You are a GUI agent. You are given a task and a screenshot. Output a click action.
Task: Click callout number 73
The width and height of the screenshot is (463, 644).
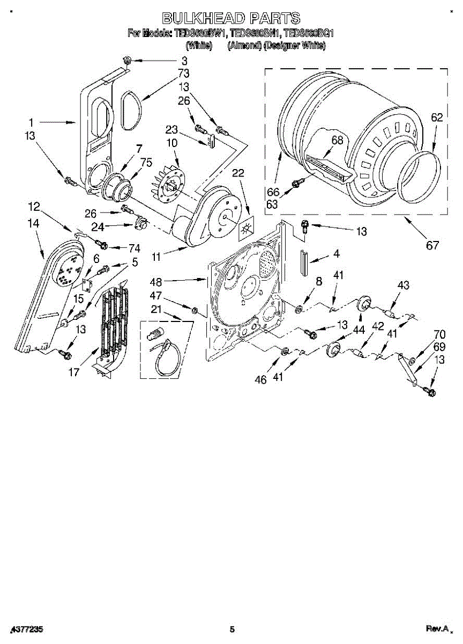(184, 72)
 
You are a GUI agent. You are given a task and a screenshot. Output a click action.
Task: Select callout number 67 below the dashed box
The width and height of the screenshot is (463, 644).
(432, 246)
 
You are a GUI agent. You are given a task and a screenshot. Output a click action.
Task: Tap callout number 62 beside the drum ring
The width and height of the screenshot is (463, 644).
(437, 119)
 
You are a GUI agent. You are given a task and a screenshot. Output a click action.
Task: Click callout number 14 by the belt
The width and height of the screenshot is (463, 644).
(34, 223)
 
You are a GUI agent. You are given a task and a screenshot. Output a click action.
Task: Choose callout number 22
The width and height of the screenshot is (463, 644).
(238, 173)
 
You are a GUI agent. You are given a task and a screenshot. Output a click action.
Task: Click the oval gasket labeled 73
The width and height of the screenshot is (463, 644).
(131, 110)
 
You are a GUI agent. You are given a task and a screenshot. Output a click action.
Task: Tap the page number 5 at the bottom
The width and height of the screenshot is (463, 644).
(232, 629)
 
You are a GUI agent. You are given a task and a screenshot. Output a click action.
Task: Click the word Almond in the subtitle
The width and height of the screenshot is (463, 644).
(244, 46)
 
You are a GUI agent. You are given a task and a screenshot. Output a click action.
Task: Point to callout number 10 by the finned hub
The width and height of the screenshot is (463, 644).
(172, 143)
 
